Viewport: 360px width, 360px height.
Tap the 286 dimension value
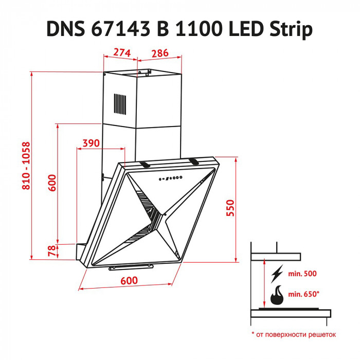click(x=160, y=52)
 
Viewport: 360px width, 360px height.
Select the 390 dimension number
click(x=91, y=143)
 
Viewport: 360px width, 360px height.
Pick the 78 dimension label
click(x=51, y=251)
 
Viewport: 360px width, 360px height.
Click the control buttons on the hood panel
click(x=171, y=179)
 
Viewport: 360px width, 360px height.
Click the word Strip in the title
click(x=292, y=30)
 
